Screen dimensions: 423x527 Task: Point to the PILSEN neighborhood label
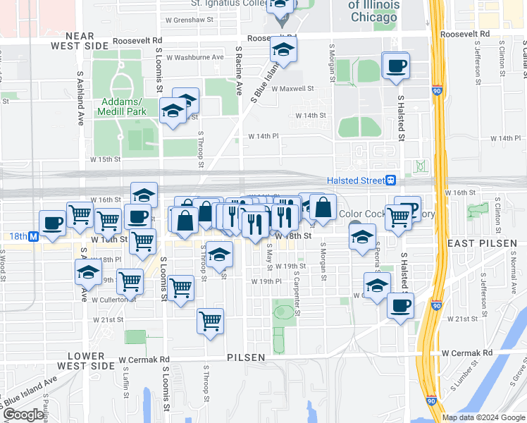coord(246,357)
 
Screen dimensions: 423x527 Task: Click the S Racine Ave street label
coord(239,71)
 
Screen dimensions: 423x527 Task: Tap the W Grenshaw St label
coord(187,20)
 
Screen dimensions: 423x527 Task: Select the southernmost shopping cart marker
coord(211,321)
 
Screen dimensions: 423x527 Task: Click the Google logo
coord(24,415)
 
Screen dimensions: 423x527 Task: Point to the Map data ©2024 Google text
coord(483,417)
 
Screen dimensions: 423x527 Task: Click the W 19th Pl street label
coord(268,281)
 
